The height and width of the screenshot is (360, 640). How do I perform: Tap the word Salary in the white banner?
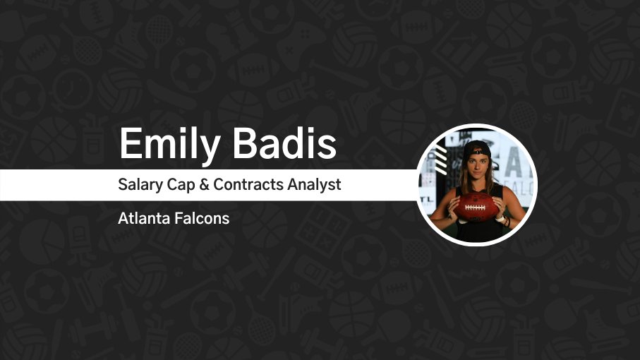140,185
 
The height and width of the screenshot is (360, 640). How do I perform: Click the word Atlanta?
142,218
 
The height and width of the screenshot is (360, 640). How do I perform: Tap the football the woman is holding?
477,206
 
